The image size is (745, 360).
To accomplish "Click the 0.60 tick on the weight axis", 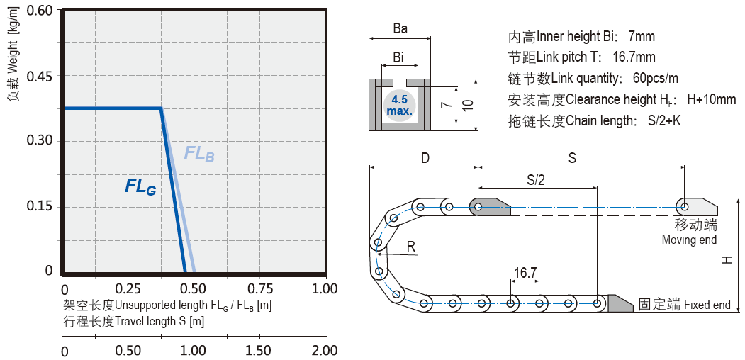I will coord(40,11).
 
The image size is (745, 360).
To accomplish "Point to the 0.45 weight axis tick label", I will coord(40,77).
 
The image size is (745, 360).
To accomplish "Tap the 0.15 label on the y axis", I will coord(40,206).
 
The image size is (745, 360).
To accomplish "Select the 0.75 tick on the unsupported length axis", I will coord(259,289).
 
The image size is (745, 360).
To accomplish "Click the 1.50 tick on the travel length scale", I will coord(260,351).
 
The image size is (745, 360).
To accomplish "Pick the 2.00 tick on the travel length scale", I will coord(325,351).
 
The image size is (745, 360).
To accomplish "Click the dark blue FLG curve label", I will coord(140,187).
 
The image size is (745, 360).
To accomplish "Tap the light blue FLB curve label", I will coord(198,153).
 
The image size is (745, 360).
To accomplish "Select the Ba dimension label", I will coord(400,29).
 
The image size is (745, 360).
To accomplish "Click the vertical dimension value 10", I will coord(466,105).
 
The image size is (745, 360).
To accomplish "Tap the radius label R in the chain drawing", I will coord(411,246).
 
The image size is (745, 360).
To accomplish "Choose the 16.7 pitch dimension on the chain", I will coord(525,272).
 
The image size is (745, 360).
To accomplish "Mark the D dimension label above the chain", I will coord(425,158).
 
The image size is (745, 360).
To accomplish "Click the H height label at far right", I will coord(727,261).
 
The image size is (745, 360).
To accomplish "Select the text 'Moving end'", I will coord(689,240).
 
